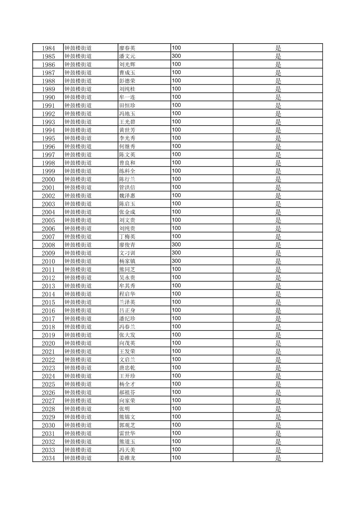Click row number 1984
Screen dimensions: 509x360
(x=48, y=48)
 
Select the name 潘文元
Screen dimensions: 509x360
(x=127, y=56)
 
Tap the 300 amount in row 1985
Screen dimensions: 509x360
(x=176, y=56)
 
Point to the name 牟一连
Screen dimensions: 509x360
(x=127, y=97)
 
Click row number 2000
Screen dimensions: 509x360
(x=48, y=179)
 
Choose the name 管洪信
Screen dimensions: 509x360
(x=127, y=188)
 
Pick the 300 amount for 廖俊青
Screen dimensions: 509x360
(x=176, y=245)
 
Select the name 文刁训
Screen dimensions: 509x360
(x=127, y=253)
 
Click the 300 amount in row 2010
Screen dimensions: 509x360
(x=176, y=261)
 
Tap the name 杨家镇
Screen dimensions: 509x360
(x=127, y=261)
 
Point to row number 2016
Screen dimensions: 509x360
(x=48, y=310)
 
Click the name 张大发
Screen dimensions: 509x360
(x=127, y=335)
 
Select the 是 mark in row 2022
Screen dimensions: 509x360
(x=278, y=360)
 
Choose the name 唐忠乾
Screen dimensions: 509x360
(x=127, y=368)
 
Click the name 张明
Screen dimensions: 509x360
(x=125, y=409)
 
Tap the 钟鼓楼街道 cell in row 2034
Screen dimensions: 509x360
(x=78, y=458)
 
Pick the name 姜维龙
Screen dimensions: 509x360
(x=127, y=458)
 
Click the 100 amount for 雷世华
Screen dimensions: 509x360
(x=176, y=433)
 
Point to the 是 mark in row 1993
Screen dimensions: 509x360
(x=278, y=122)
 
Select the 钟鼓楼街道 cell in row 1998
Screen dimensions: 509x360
(x=78, y=163)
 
